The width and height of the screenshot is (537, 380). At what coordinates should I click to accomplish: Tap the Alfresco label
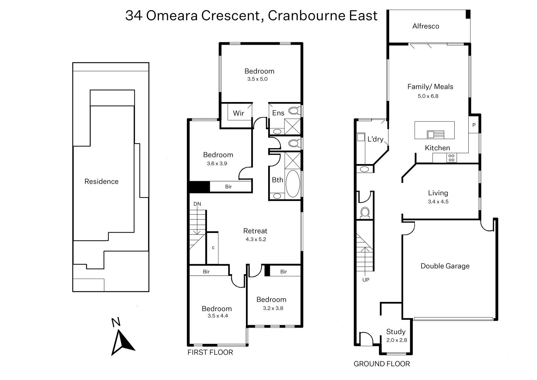point(425,26)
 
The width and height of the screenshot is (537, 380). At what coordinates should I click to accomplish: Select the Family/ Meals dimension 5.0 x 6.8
point(428,96)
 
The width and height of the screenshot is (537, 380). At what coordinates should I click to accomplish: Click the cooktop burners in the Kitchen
point(451,158)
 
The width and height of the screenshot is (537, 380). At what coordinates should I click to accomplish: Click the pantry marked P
point(474,125)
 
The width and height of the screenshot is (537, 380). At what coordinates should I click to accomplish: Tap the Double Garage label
point(445,266)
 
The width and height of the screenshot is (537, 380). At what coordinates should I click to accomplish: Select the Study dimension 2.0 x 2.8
point(396,340)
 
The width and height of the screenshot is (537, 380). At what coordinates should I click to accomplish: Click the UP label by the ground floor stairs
point(366,280)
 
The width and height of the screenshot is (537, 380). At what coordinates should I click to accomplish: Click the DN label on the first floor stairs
point(197,204)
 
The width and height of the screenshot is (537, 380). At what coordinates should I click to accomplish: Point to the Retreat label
point(255,231)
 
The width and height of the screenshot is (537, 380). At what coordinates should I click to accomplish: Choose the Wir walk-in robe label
point(238,113)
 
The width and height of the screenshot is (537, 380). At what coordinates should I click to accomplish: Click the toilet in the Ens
point(293,111)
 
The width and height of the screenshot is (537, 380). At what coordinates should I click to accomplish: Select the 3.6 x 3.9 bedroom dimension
point(217,163)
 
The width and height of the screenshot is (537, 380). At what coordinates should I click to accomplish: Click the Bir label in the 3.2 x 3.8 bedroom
point(283,272)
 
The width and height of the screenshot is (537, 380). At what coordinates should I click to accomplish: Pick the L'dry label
point(375,139)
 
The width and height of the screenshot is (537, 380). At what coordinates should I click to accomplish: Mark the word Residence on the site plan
point(101,182)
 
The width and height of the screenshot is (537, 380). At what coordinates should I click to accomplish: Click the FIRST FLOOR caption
point(210,352)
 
